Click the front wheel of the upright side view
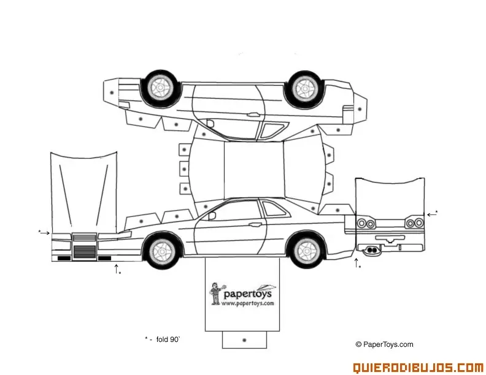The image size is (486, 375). pos(162,249)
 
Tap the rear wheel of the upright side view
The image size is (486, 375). pos(306,249)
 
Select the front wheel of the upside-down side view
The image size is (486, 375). pos(161,88)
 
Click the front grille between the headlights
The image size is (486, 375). pos(84,247)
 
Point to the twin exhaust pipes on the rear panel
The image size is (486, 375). pos(372,251)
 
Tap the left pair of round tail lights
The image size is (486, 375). pos(366,223)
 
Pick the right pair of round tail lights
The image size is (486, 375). pos(415,223)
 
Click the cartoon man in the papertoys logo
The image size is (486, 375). pos(215,294)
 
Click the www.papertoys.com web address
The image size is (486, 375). pos(248,303)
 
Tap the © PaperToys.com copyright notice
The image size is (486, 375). pos(384,344)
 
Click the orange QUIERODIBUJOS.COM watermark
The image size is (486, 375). pos(418,368)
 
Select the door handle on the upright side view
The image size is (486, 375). pos(255,225)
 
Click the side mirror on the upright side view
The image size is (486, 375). pos(212,215)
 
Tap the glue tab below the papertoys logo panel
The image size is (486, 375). pos(244,339)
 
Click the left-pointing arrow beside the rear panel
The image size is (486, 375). pos(431,214)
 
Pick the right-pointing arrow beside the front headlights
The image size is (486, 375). pos(45,233)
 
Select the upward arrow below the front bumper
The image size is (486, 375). pos(116,268)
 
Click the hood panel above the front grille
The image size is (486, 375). pos(83,192)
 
